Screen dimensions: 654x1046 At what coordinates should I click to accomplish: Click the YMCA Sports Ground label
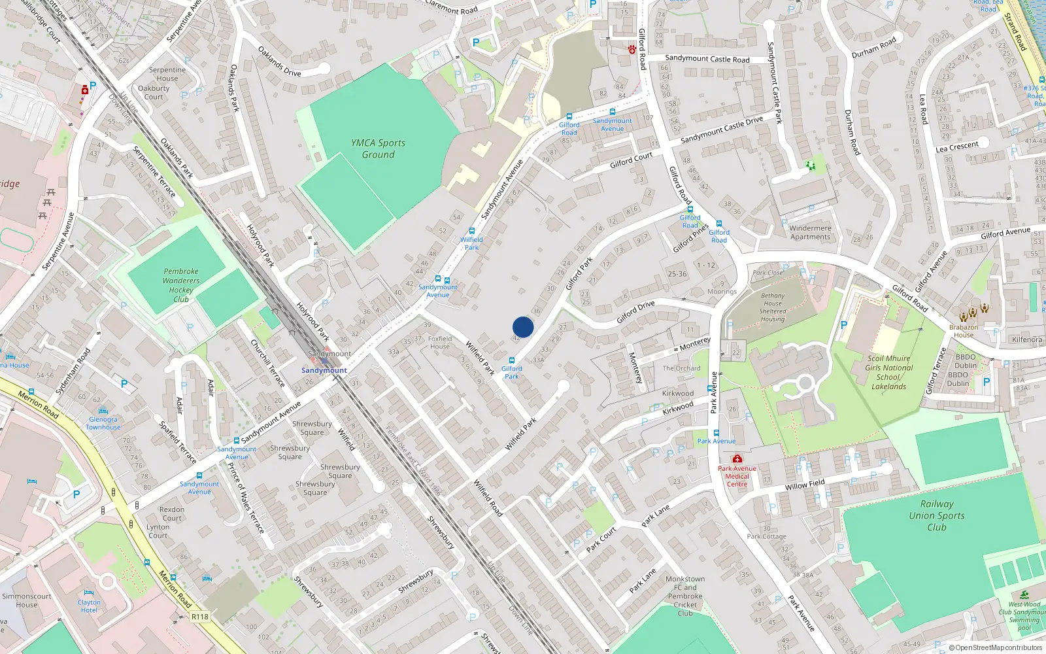378,149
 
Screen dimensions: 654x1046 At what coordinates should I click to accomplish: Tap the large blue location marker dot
523,327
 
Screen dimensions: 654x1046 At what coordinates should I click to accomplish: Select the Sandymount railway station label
324,370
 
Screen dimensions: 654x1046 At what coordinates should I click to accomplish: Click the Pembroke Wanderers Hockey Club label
181,285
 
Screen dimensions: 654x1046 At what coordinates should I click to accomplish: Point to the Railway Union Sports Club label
937,515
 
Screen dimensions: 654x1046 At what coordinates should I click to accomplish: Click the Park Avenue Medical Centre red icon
737,459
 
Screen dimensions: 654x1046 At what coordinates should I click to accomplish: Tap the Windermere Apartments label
810,233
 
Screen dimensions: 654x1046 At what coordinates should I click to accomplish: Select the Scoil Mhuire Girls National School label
888,372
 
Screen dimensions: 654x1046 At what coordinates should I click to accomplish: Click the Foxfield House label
440,342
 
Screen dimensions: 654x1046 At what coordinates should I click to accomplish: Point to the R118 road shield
200,617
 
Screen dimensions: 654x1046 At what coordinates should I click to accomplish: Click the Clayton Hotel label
89,606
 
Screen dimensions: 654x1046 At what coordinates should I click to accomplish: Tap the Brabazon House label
964,331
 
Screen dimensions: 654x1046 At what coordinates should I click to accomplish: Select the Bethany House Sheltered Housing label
773,307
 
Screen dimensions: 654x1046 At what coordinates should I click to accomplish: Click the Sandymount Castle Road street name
707,59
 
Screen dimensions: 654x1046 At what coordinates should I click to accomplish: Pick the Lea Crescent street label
957,147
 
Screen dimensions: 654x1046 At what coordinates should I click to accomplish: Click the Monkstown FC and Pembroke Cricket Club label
685,596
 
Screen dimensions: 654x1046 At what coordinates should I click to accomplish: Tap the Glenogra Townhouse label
103,423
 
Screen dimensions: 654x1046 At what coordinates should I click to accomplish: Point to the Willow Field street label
805,485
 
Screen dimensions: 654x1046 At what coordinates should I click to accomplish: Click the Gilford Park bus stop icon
512,360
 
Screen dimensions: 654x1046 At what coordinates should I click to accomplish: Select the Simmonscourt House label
26,600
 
